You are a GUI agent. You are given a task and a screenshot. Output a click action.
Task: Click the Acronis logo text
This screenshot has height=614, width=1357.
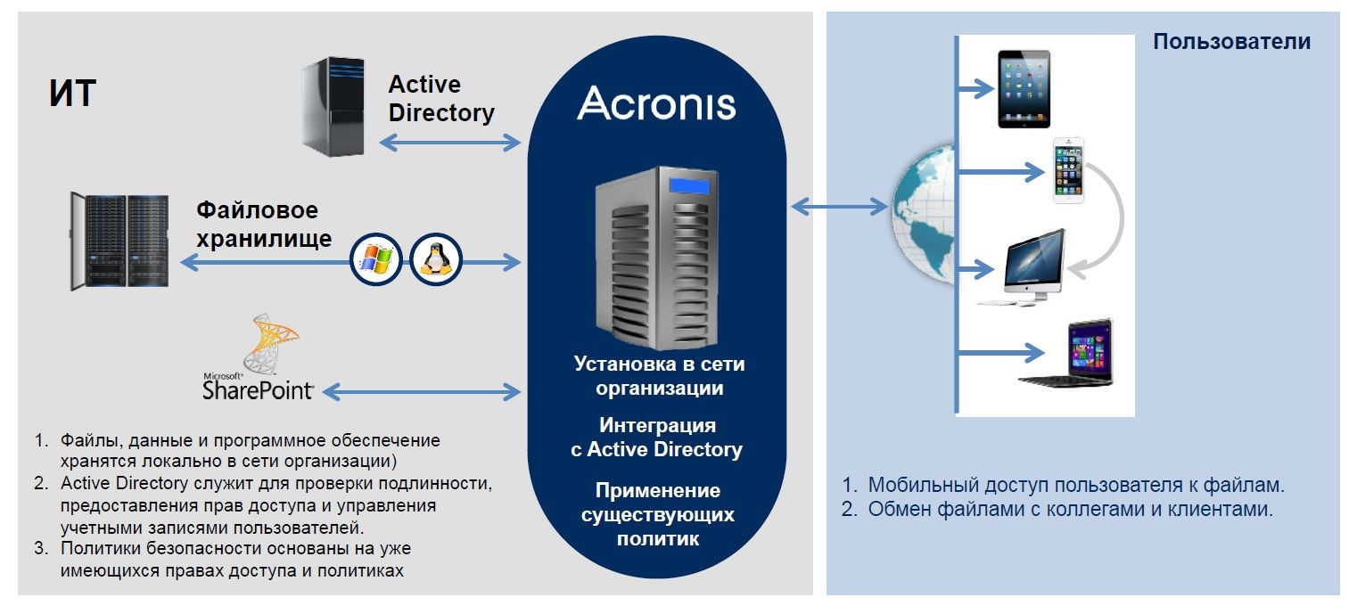pyautogui.click(x=656, y=103)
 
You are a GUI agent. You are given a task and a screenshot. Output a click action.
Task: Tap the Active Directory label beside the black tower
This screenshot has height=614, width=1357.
pyautogui.click(x=440, y=99)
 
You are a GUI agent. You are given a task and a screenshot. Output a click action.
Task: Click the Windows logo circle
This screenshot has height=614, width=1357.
pyautogui.click(x=375, y=260)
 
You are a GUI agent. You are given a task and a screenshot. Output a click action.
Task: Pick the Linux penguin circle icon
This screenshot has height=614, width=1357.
pyautogui.click(x=435, y=260)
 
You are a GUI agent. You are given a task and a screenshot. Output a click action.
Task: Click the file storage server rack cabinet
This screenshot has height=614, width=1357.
pyautogui.click(x=119, y=242)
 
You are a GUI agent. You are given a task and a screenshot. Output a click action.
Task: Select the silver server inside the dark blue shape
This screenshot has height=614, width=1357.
pyautogui.click(x=657, y=258)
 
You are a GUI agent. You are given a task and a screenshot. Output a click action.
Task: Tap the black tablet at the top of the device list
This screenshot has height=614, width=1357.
pyautogui.click(x=1024, y=89)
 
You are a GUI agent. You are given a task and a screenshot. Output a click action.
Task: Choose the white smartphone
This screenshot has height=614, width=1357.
pyautogui.click(x=1068, y=170)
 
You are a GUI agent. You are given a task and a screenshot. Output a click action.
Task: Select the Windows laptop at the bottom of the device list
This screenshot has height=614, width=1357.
pyautogui.click(x=1069, y=354)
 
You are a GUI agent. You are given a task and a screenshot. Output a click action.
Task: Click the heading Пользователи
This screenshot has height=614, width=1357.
pyautogui.click(x=1231, y=41)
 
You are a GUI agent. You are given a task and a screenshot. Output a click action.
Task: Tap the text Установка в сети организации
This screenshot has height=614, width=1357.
pyautogui.click(x=659, y=376)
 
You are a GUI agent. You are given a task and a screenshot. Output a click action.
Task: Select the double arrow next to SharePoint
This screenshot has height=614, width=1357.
pyautogui.click(x=421, y=390)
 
